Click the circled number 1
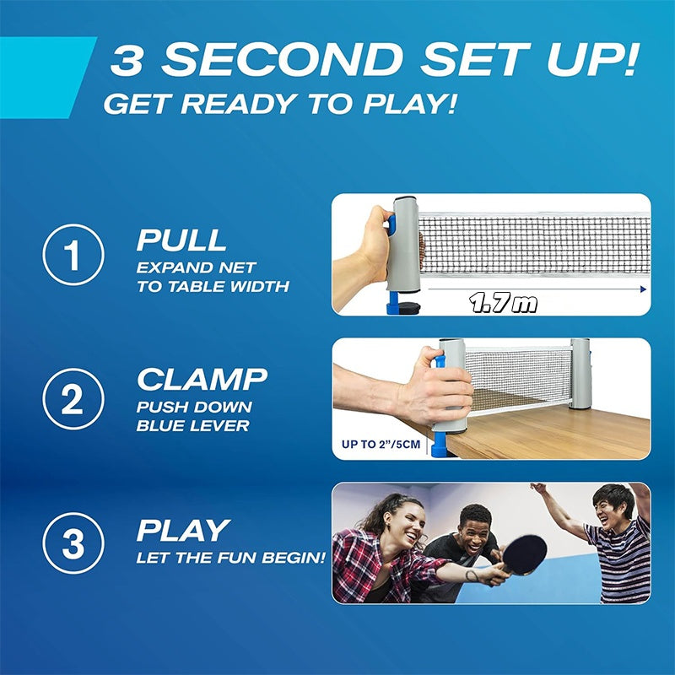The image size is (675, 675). [x=73, y=254]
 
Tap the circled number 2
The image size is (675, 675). [x=73, y=399]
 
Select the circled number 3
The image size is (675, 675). [x=73, y=544]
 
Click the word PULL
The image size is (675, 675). [x=181, y=240]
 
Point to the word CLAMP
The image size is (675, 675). [x=202, y=380]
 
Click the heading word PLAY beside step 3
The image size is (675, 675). [x=183, y=530]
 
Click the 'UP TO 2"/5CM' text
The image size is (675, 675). [x=380, y=444]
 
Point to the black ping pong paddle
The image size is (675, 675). [x=524, y=553]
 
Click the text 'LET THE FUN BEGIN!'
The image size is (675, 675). [x=230, y=558]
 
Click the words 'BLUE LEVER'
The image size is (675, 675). [x=193, y=426]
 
